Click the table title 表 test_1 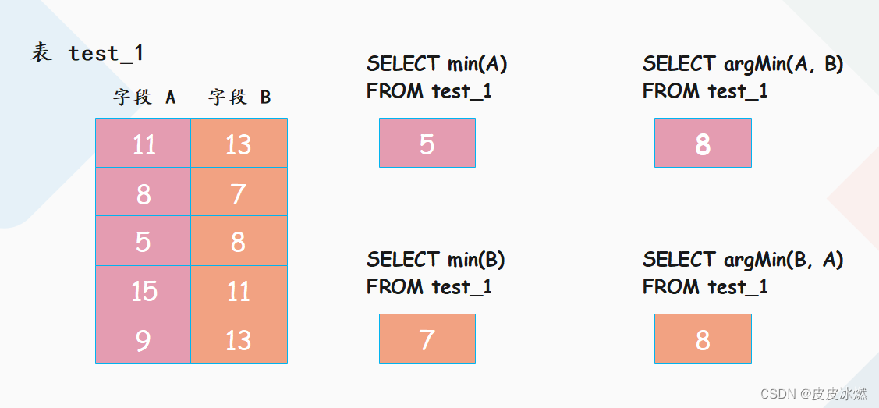point(87,54)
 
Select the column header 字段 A point(144,98)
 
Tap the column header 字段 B point(239,98)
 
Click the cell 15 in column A point(143,289)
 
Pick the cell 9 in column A point(143,339)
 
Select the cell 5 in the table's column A point(143,241)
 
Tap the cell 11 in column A point(143,143)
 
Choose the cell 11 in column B point(239,289)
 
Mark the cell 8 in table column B point(239,241)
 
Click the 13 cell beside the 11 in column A point(239,143)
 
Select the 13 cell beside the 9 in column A point(239,339)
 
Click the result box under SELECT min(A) point(427,143)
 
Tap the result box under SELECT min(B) point(427,339)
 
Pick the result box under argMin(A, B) point(703,143)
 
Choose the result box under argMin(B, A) point(703,339)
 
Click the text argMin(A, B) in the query point(783,65)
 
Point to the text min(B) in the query point(476,260)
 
